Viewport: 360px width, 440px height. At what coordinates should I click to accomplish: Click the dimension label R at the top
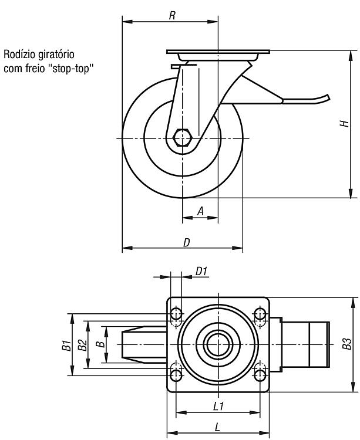(x=172, y=15)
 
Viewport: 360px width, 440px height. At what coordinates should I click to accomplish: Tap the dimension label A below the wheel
(x=200, y=211)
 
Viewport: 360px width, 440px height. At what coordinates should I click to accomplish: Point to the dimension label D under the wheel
(x=187, y=242)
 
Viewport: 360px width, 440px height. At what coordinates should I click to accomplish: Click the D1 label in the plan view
(x=201, y=272)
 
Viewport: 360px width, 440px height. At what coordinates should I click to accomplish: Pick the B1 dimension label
(x=66, y=345)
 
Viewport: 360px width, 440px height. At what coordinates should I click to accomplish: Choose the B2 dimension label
(x=82, y=345)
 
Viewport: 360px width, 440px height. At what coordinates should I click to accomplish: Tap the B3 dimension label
(x=347, y=344)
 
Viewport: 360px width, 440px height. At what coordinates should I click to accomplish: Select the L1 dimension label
(x=218, y=406)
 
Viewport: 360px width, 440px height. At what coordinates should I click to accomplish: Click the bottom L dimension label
(x=217, y=427)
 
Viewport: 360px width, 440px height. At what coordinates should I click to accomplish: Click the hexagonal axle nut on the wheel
(x=182, y=138)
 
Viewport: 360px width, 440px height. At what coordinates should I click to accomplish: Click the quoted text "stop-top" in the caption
(x=70, y=69)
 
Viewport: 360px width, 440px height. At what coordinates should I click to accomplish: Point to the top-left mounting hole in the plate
(x=176, y=314)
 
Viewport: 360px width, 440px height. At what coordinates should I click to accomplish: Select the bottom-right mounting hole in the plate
(x=260, y=374)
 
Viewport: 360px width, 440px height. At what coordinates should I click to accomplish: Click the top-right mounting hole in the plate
(x=260, y=314)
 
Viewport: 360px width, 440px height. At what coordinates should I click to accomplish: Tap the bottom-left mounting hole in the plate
(x=176, y=374)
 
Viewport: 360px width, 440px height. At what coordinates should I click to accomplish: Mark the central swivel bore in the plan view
(x=218, y=344)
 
